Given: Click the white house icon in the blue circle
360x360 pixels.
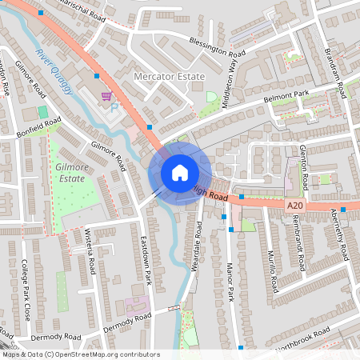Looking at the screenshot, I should click(180, 172).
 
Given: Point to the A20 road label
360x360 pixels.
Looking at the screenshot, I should click(294, 205).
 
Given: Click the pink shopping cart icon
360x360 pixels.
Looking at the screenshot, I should click(106, 95).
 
